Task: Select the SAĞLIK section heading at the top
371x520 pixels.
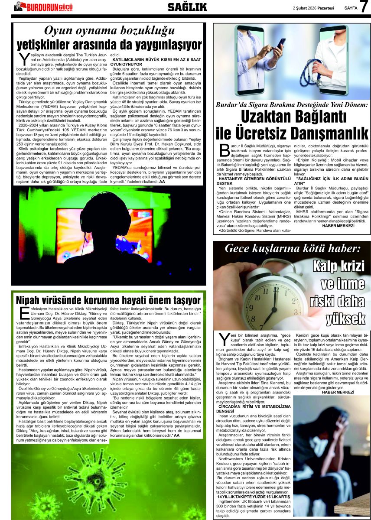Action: tap(187, 7)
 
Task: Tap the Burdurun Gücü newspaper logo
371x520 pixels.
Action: tap(43, 6)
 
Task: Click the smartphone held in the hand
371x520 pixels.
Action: tap(281, 44)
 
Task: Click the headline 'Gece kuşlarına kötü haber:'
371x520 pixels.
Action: tap(293, 249)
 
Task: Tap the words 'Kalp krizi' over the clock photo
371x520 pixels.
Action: tap(338, 265)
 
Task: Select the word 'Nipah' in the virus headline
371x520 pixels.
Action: tap(32, 300)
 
